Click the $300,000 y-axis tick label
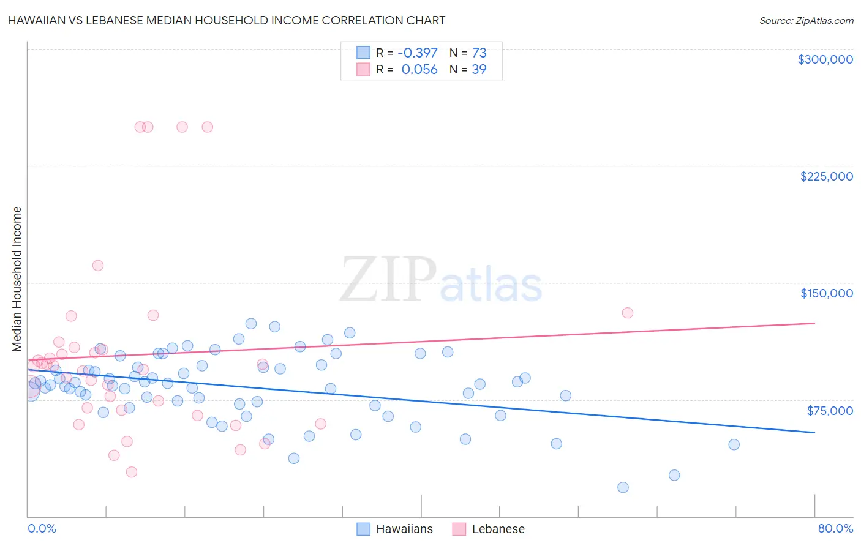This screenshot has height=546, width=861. click(825, 59)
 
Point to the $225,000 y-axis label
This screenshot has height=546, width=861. click(826, 176)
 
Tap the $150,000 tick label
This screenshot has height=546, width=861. click(826, 293)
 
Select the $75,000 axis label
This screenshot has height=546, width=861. click(829, 411)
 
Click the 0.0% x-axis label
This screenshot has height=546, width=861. click(42, 528)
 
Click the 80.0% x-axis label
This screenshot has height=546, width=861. click(835, 528)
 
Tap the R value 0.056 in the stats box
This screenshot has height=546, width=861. click(419, 70)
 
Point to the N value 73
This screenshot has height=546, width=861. click(479, 53)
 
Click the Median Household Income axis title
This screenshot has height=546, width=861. click(17, 279)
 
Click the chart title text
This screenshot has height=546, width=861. click(226, 20)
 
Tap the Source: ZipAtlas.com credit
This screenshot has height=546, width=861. click(806, 21)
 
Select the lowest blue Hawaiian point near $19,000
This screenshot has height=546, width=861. click(623, 487)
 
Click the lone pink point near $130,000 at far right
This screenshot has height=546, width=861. click(627, 313)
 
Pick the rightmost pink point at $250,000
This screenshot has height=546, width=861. click(207, 127)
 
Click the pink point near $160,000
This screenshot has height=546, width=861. click(98, 266)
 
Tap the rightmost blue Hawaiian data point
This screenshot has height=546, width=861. click(734, 444)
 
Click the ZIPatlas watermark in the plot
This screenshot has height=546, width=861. click(441, 280)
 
